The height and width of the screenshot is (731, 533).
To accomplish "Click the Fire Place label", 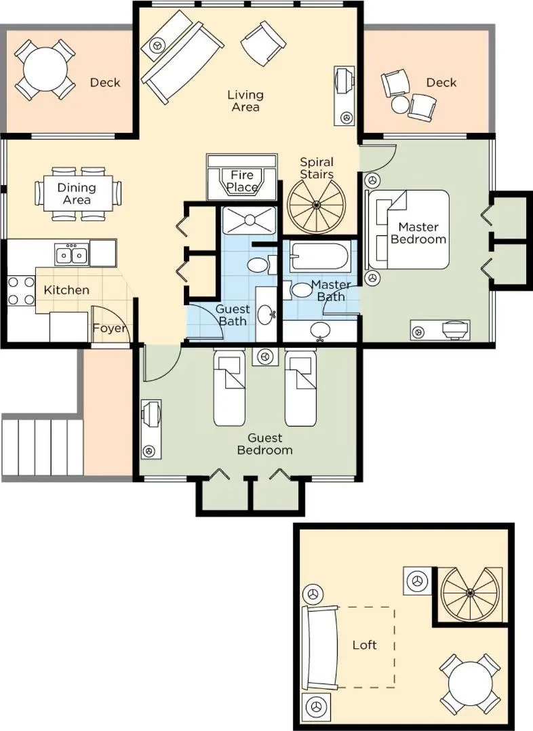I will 242,181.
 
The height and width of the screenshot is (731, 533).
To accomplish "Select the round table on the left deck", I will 44,70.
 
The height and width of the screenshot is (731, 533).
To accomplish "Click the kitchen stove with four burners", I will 20,290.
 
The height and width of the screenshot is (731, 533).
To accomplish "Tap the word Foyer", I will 109,330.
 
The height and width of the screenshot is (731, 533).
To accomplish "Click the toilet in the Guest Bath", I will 258,264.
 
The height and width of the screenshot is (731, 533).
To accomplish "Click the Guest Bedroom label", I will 264,444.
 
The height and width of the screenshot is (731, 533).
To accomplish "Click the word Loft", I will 365,645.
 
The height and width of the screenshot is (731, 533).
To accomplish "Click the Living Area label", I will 245,101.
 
